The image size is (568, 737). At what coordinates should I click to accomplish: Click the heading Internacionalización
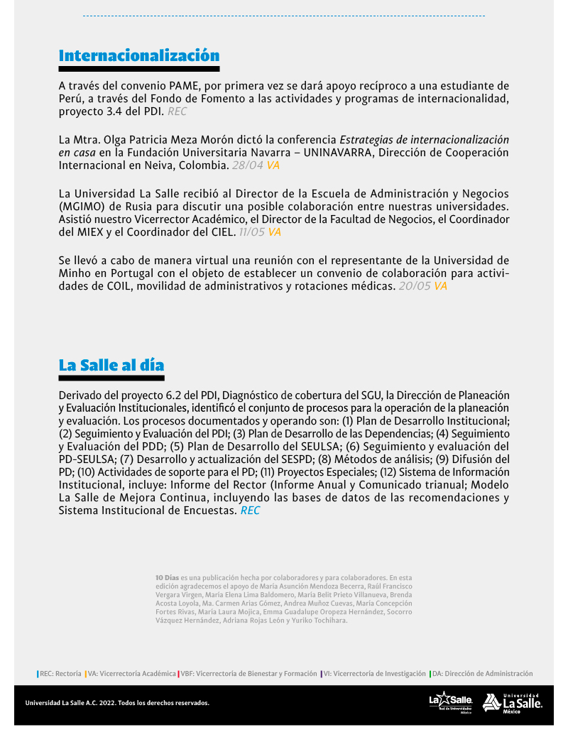139,55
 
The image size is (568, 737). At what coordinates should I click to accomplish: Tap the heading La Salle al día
111,365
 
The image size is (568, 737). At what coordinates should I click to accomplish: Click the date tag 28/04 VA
256,165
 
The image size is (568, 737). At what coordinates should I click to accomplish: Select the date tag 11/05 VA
260,232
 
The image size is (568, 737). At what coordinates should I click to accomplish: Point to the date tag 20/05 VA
422,286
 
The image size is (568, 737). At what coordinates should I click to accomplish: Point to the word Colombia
205,165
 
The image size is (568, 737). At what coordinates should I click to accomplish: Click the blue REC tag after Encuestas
250,511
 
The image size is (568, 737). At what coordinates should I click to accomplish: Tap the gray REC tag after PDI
177,111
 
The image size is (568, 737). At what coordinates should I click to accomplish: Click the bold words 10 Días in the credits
168,578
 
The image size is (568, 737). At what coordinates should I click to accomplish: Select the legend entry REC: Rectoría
60,673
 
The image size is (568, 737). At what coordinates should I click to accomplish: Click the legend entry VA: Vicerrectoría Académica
131,673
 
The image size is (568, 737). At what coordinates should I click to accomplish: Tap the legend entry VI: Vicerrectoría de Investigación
373,673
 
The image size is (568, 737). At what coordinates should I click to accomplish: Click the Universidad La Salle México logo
512,702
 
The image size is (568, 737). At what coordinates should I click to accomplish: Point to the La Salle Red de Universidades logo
450,702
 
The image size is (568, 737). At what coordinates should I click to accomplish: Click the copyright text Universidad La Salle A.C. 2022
117,703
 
